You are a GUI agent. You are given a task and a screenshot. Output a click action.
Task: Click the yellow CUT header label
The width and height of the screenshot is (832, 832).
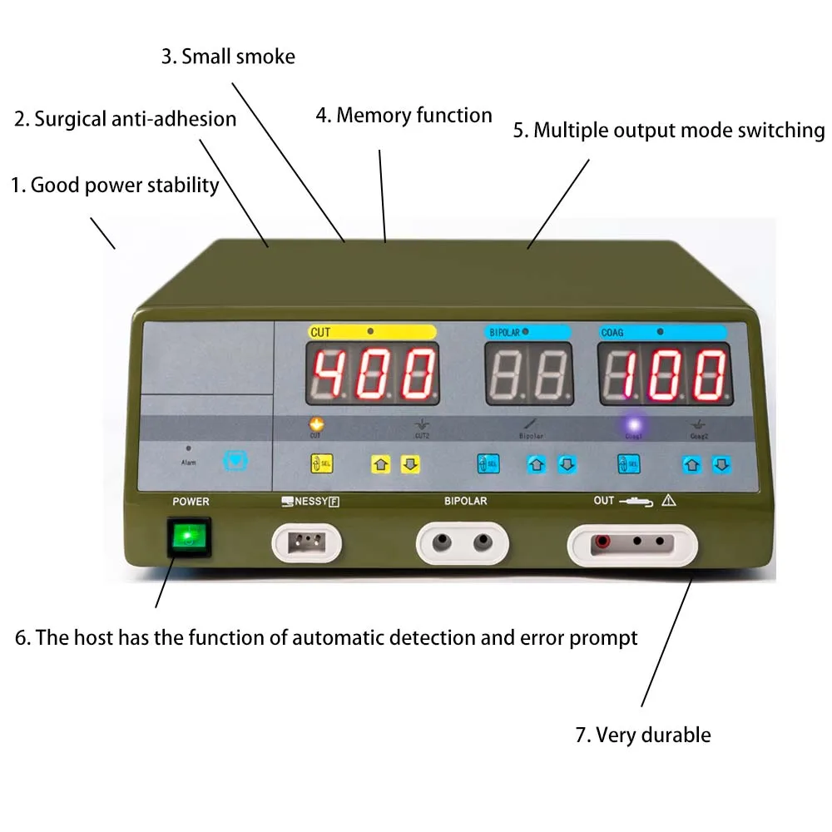click(x=372, y=332)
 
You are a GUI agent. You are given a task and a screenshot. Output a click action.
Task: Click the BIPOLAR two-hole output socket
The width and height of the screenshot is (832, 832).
click(x=462, y=543)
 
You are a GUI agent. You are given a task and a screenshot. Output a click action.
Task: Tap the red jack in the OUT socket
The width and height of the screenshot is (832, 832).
click(x=600, y=542)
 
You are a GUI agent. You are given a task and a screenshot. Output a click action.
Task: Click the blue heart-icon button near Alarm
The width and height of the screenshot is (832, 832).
click(x=236, y=459)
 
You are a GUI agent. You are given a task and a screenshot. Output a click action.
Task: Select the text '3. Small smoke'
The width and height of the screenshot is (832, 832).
click(x=228, y=57)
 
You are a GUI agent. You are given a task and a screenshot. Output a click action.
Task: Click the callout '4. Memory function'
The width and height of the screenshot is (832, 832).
click(x=404, y=115)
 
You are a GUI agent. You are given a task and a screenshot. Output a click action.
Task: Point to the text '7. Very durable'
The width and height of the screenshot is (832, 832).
click(x=643, y=735)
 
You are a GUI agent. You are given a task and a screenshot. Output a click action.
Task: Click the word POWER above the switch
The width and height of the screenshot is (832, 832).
click(x=191, y=502)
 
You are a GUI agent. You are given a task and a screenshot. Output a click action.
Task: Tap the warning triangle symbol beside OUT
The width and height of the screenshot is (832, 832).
click(x=669, y=501)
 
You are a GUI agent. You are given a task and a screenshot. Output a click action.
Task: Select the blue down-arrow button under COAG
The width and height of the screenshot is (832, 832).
click(x=721, y=465)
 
